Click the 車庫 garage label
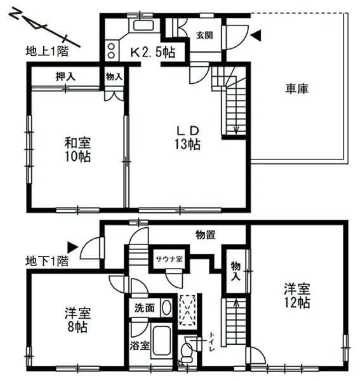[x=297, y=89]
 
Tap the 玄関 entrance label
[x=204, y=36]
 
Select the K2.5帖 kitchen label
[x=153, y=52]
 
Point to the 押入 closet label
[x=65, y=77]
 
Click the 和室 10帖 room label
[x=77, y=150]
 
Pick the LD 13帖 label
[x=187, y=138]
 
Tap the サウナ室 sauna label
[x=169, y=259]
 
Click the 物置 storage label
[x=206, y=235]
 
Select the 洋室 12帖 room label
[x=297, y=296]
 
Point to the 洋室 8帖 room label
[x=77, y=320]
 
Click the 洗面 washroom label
[x=144, y=308]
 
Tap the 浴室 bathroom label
[x=139, y=345]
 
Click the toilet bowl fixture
[x=187, y=351]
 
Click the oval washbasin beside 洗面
[x=166, y=308]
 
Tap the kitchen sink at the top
[x=143, y=25]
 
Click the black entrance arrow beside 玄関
[x=256, y=36]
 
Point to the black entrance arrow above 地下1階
[x=72, y=248]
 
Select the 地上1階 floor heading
[x=47, y=51]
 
